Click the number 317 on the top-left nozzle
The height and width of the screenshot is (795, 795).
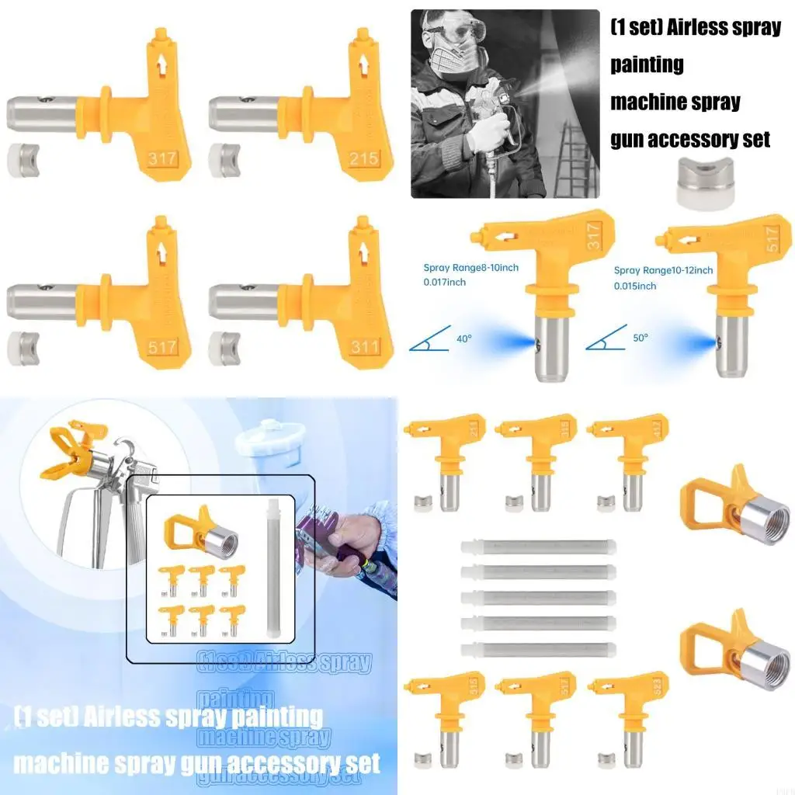pos(162,159)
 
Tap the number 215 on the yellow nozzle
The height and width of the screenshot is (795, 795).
pos(363,158)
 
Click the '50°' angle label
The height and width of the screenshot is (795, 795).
pos(641,338)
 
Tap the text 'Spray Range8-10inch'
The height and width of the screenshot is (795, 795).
pos(470,268)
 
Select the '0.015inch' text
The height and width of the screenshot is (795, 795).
pos(635,286)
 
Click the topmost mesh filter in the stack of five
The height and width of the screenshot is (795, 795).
pos(538,547)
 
